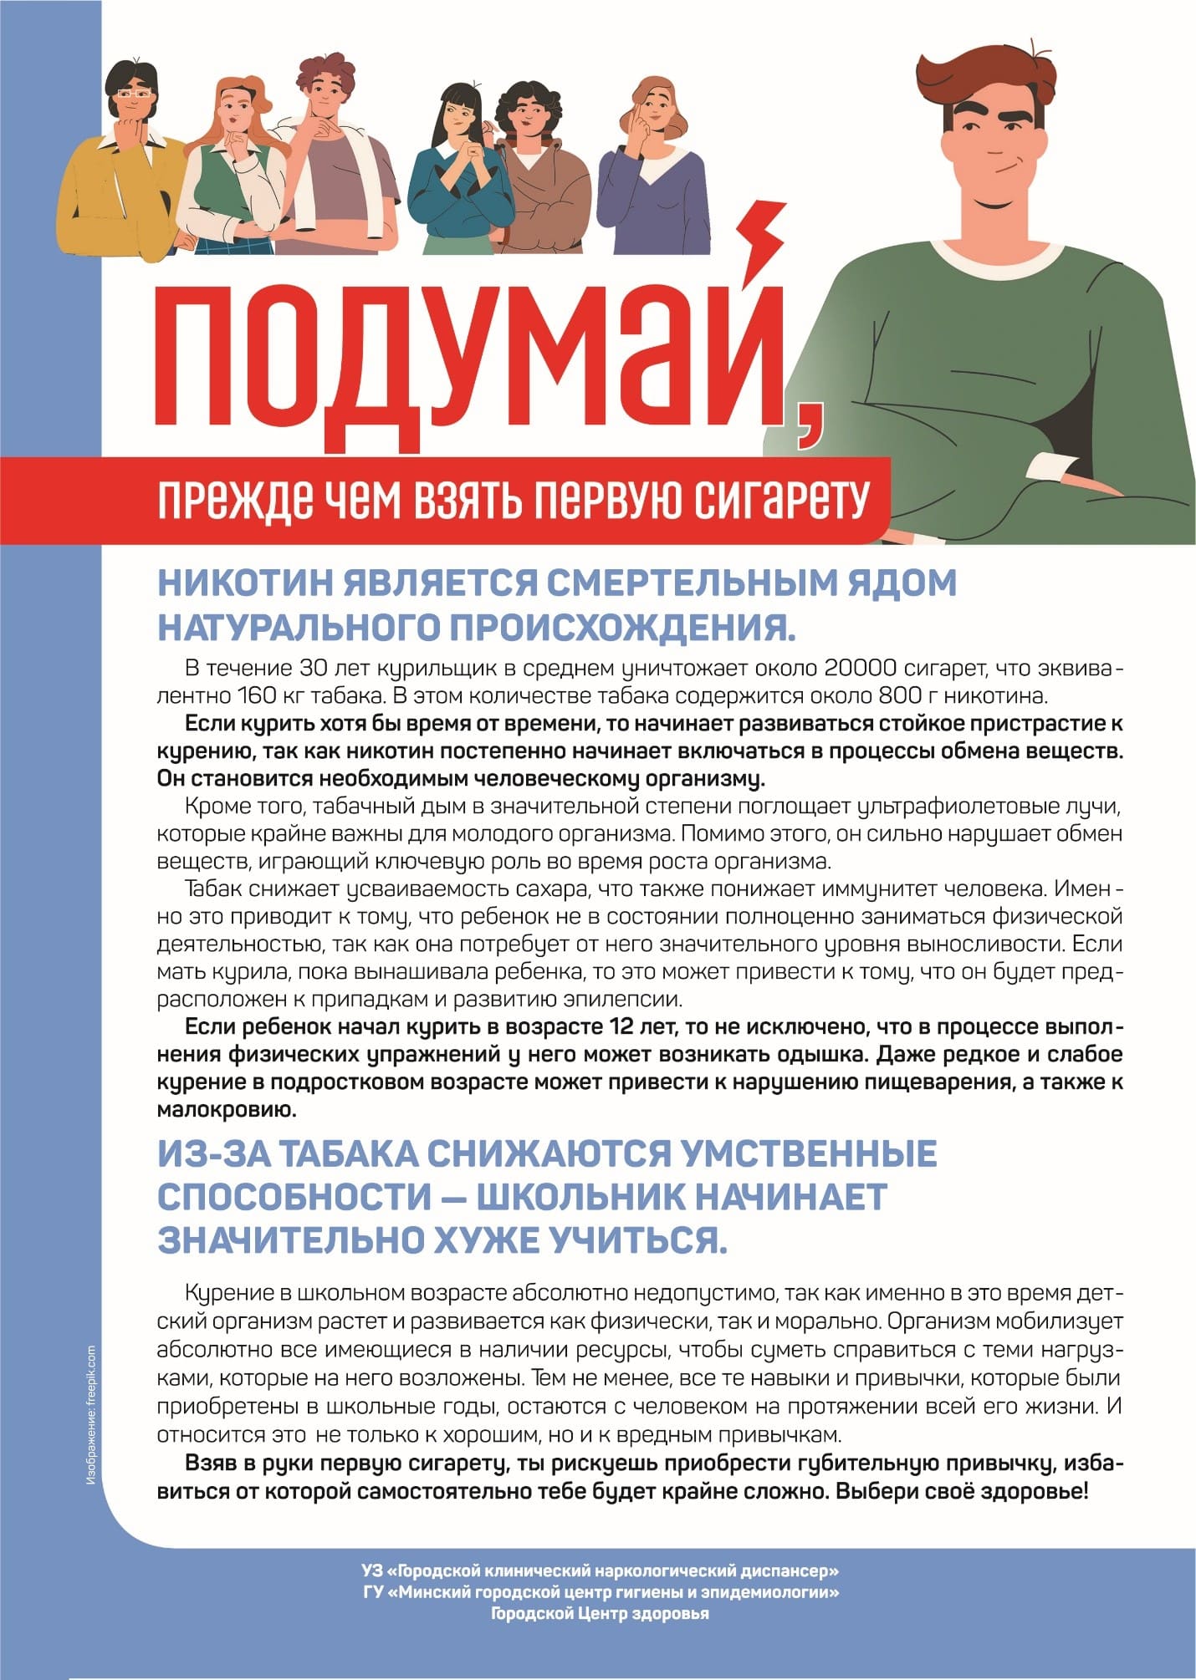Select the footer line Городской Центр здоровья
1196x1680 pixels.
click(600, 1614)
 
